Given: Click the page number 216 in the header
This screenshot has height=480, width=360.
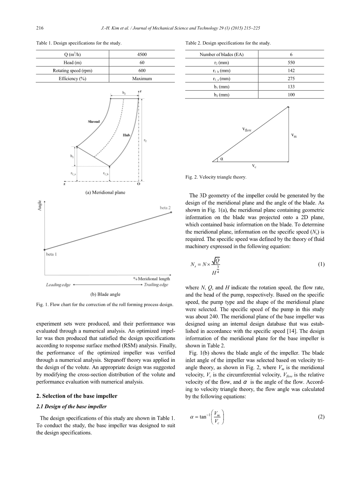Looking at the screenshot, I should [x=39, y=28].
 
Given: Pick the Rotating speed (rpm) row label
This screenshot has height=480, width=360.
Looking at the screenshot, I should [x=73, y=70].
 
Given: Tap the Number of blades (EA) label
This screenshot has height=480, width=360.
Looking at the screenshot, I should [x=221, y=54].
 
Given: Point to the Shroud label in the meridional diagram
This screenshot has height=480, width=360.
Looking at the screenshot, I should [x=94, y=122].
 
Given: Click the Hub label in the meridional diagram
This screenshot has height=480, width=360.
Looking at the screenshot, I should [x=126, y=135].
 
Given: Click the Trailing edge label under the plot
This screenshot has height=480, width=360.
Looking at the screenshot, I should [x=156, y=285].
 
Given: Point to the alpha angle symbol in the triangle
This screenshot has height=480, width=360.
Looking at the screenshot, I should [x=222, y=158].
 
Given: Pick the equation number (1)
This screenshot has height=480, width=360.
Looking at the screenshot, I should [x=321, y=265].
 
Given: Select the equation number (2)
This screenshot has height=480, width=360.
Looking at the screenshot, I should [x=321, y=417].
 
